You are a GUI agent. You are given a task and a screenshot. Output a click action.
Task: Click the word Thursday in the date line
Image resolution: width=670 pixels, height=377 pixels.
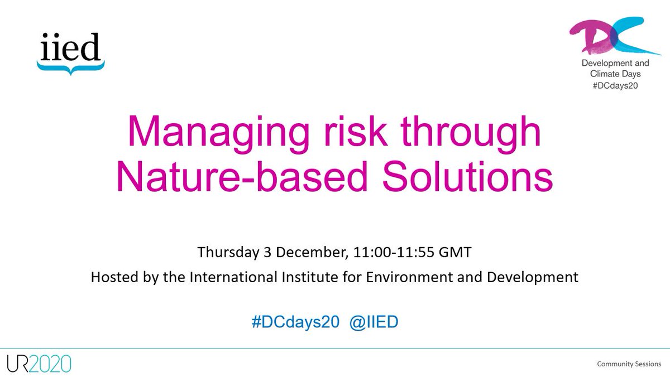(228, 252)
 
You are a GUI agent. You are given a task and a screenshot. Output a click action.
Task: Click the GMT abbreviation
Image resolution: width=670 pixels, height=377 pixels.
(458, 252)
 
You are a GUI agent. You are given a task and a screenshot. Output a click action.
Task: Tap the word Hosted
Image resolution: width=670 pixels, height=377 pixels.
(114, 277)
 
